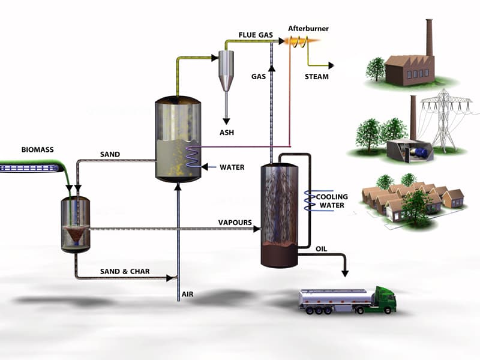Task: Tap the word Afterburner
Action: coord(308,28)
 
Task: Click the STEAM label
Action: coord(316,76)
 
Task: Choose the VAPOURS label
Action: coord(235,223)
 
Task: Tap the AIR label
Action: coord(188,295)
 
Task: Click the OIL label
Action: coord(322,248)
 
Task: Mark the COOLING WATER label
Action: coord(332,201)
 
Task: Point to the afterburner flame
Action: coord(296,41)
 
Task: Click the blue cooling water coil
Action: coord(313,201)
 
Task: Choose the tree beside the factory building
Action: coord(376,67)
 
